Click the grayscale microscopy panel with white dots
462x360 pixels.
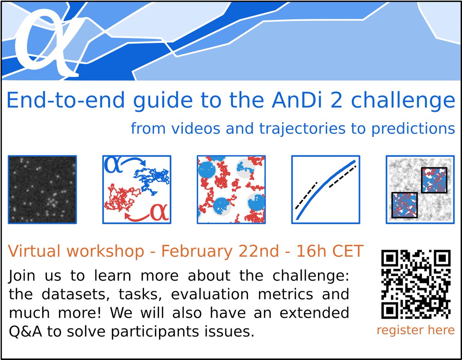click(x=42, y=189)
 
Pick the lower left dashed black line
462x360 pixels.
click(x=306, y=195)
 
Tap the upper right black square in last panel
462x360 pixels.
click(x=434, y=180)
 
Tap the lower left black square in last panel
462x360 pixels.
click(x=405, y=205)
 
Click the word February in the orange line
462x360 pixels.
click(x=196, y=251)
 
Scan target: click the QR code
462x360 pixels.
click(x=415, y=285)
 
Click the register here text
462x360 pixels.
click(x=415, y=330)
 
